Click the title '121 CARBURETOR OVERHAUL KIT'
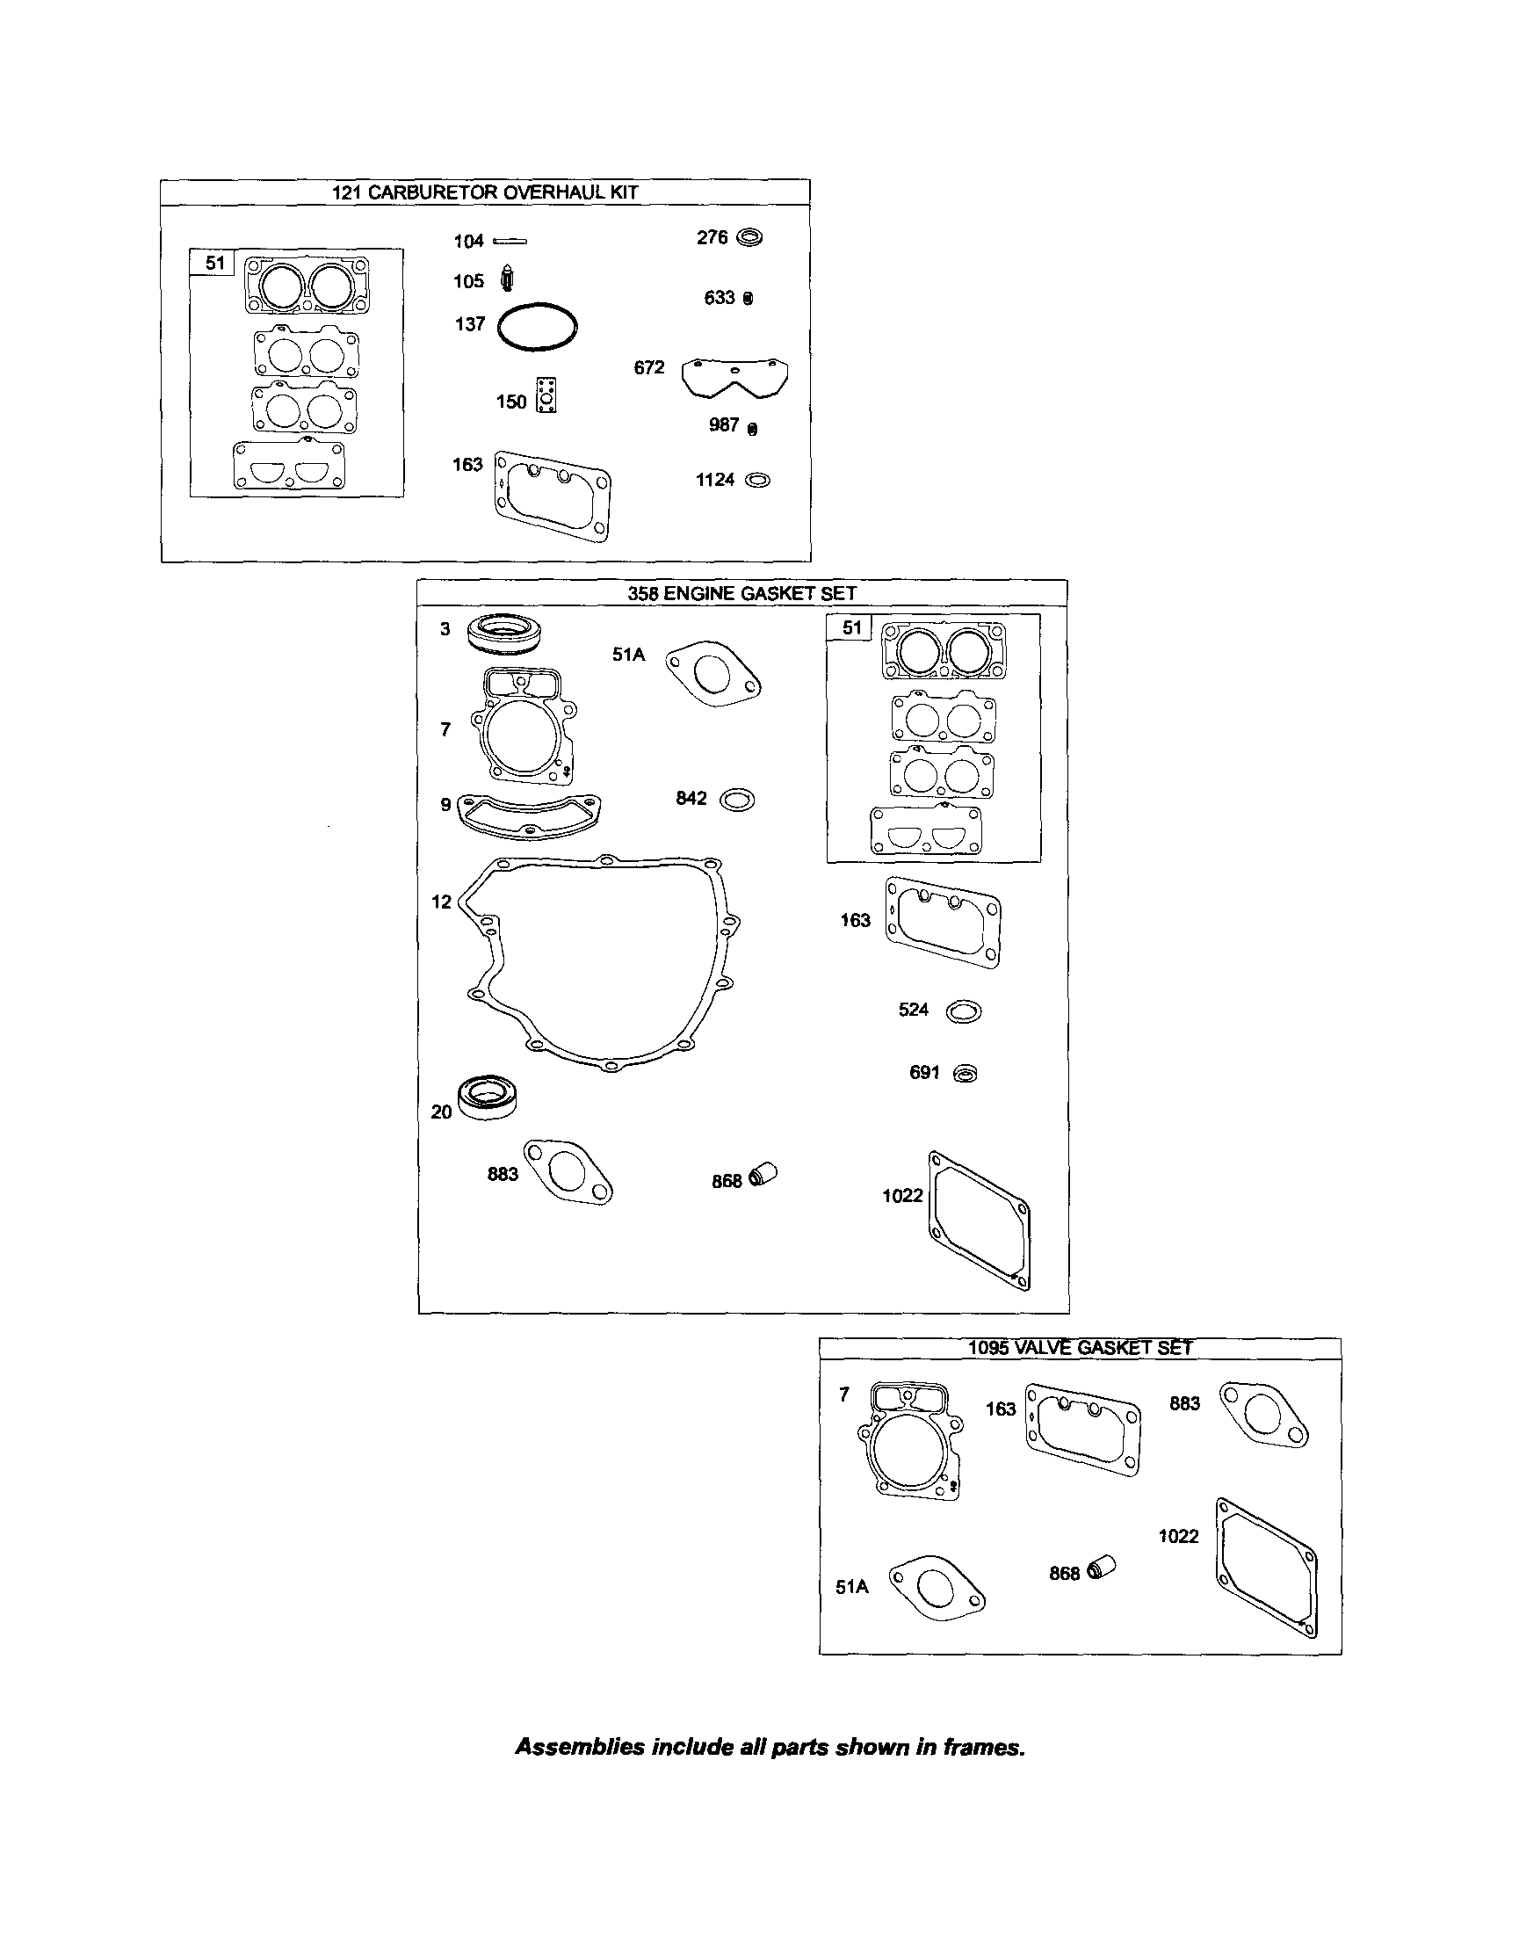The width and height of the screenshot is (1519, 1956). [485, 192]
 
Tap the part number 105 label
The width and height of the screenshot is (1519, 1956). [468, 281]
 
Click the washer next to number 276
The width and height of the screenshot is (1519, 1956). [749, 238]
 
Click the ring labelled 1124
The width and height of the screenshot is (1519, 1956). [756, 480]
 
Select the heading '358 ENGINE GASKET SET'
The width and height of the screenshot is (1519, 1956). [741, 593]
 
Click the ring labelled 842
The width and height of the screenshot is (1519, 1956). [737, 799]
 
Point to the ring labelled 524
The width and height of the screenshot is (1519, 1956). [963, 1011]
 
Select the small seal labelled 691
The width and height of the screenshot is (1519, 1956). [966, 1073]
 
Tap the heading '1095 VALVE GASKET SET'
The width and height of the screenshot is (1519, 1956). [1080, 1348]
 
